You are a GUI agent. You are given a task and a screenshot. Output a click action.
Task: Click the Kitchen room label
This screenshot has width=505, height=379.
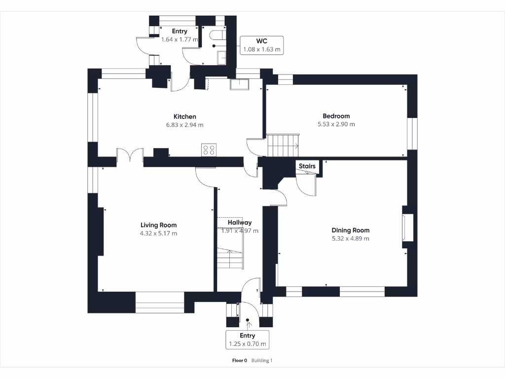pos(184,116)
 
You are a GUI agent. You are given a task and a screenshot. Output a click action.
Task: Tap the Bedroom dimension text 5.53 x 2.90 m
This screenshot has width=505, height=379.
pos(336,124)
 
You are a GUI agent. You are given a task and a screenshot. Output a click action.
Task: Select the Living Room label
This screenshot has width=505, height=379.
pos(158,225)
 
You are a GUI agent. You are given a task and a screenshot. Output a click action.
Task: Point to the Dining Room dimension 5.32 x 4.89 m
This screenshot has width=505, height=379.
pos(350,238)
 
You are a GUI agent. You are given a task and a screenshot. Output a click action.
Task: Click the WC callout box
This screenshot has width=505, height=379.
pos(262,45)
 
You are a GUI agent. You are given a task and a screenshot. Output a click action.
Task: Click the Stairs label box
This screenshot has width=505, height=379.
pos(307,166)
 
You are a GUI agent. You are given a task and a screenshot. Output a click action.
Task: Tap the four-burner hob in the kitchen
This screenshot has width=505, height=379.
pos(209,150)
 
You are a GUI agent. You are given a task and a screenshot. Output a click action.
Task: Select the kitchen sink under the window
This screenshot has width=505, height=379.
pos(240,84)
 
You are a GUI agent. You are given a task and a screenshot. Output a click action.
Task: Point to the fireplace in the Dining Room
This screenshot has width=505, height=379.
pos(408,227)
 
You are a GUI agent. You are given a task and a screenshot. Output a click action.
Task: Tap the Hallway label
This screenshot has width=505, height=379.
pos(240,223)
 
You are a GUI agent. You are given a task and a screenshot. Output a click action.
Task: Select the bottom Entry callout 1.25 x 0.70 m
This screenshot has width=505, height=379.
pos(248,340)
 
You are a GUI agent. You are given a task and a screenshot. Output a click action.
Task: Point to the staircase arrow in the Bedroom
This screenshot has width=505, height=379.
pos(296,146)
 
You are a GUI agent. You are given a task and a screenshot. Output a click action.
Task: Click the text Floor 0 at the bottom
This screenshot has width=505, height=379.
pos(239,361)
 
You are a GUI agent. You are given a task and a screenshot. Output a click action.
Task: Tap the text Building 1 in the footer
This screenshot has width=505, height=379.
pos(262,361)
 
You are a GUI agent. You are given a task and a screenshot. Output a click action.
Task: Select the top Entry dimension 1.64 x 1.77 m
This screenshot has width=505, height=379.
pos(180,39)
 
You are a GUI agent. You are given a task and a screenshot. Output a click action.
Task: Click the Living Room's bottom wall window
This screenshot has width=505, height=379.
pos(160,302)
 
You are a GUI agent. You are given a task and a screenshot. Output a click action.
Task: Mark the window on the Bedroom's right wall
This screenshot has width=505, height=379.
pos(412,133)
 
